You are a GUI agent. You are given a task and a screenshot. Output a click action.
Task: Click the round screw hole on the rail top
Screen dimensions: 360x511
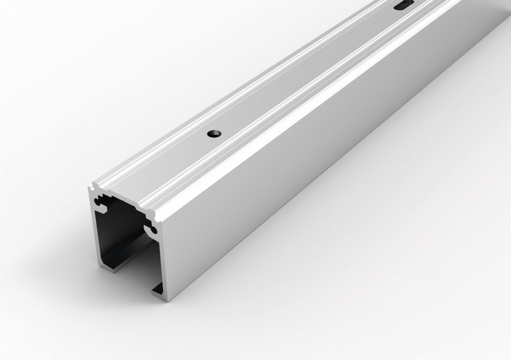(x=214, y=133)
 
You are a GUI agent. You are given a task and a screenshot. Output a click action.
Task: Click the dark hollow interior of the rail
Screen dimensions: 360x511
(x=123, y=230)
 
